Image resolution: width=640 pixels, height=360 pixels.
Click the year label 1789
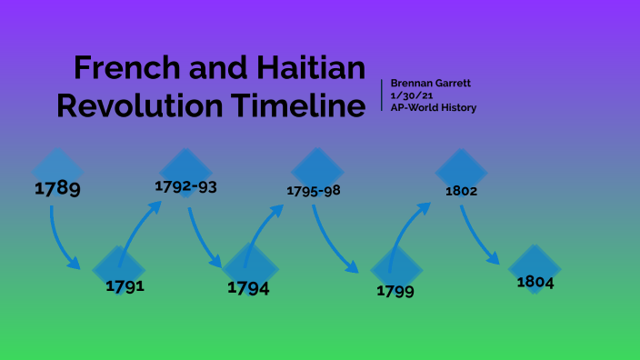click(x=57, y=189)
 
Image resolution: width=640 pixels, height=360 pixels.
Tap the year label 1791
click(x=125, y=285)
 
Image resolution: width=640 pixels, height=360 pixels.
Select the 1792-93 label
click(x=185, y=186)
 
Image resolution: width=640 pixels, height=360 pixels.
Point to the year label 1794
click(x=249, y=287)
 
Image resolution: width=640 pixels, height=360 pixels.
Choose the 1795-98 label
click(x=314, y=191)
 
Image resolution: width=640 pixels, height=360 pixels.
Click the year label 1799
click(x=395, y=291)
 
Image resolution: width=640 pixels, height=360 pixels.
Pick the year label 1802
click(x=461, y=192)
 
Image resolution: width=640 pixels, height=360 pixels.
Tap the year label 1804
click(x=535, y=282)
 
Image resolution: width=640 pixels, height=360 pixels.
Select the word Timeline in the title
click(x=296, y=105)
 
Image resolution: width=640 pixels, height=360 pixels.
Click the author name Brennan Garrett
click(x=431, y=84)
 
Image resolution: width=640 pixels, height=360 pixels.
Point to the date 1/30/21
click(x=405, y=95)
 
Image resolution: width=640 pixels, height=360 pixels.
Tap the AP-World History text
click(x=433, y=107)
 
